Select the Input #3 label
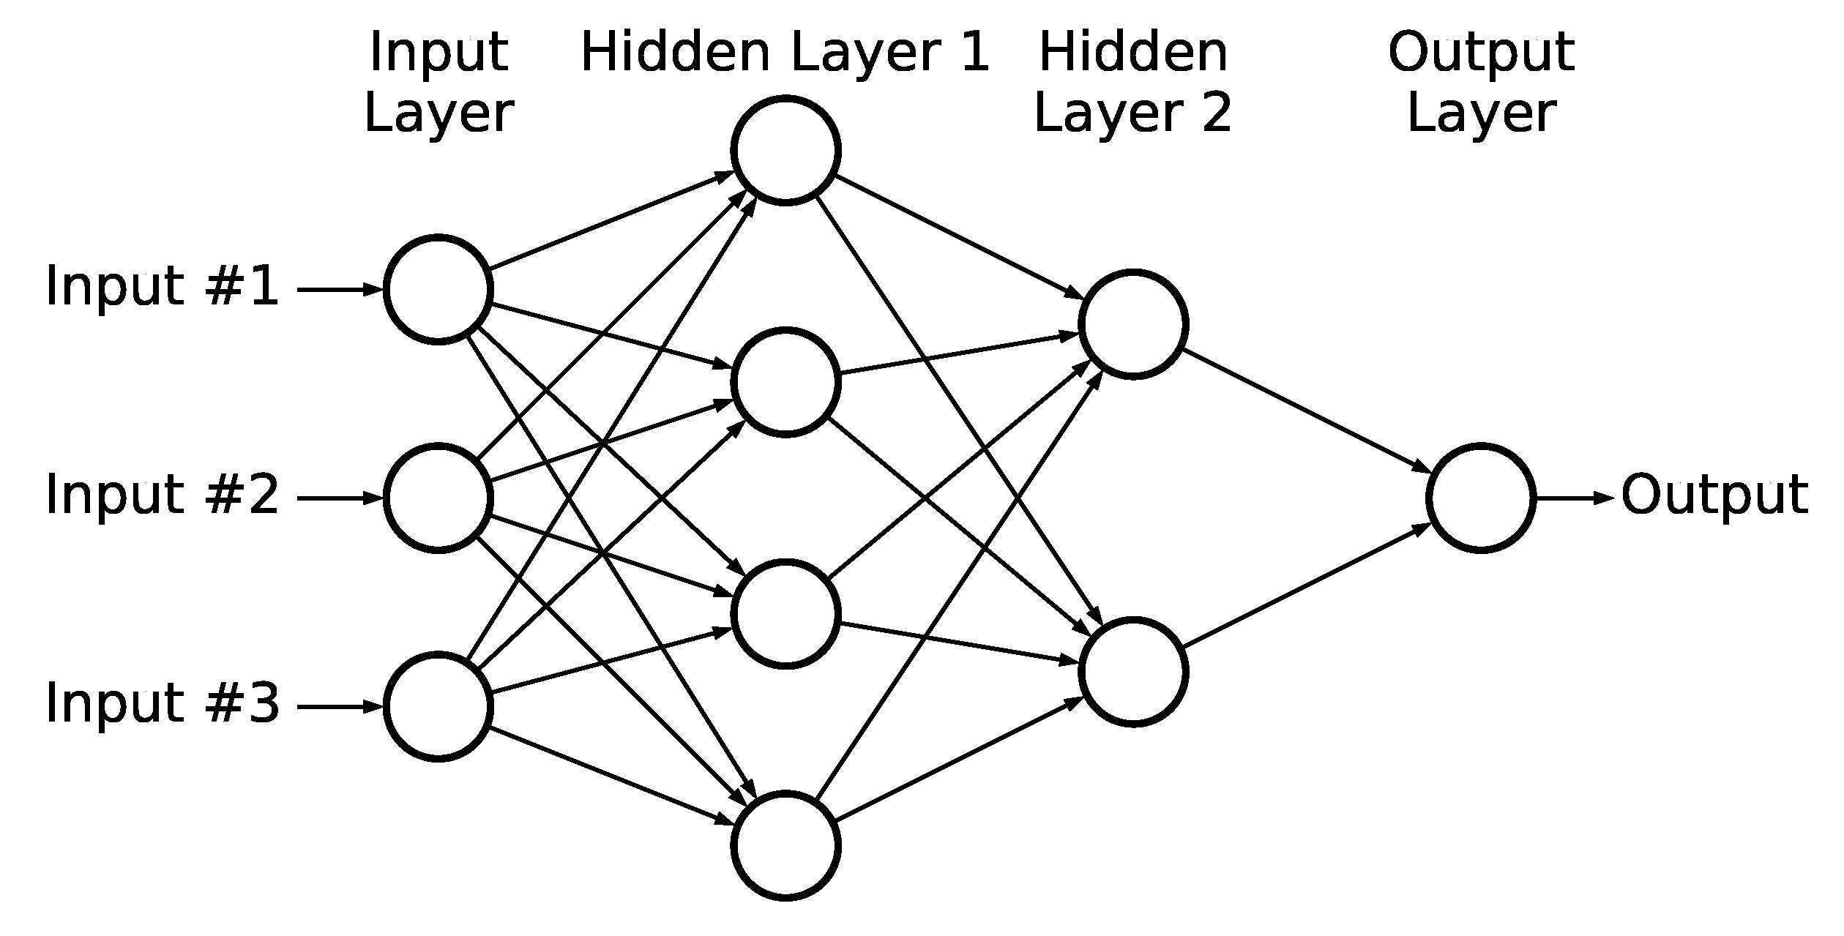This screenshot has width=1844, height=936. (x=162, y=703)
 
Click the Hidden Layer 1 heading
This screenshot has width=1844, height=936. (x=785, y=53)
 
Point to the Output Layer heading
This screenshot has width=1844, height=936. (x=1481, y=82)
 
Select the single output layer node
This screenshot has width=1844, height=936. (x=1481, y=498)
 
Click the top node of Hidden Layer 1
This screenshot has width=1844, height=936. (x=785, y=150)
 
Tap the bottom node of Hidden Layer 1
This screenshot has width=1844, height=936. (x=785, y=845)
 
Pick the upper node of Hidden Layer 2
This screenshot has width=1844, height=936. (x=1133, y=324)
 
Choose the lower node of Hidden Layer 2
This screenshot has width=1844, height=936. (x=1133, y=672)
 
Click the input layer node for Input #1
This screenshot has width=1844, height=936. (x=438, y=289)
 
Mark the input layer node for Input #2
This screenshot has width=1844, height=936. (x=438, y=498)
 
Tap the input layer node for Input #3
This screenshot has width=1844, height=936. (x=438, y=707)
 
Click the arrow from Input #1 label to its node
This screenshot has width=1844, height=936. (x=340, y=290)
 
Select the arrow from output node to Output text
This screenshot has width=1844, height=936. (x=1574, y=498)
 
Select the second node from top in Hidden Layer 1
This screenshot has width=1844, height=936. (x=785, y=382)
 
